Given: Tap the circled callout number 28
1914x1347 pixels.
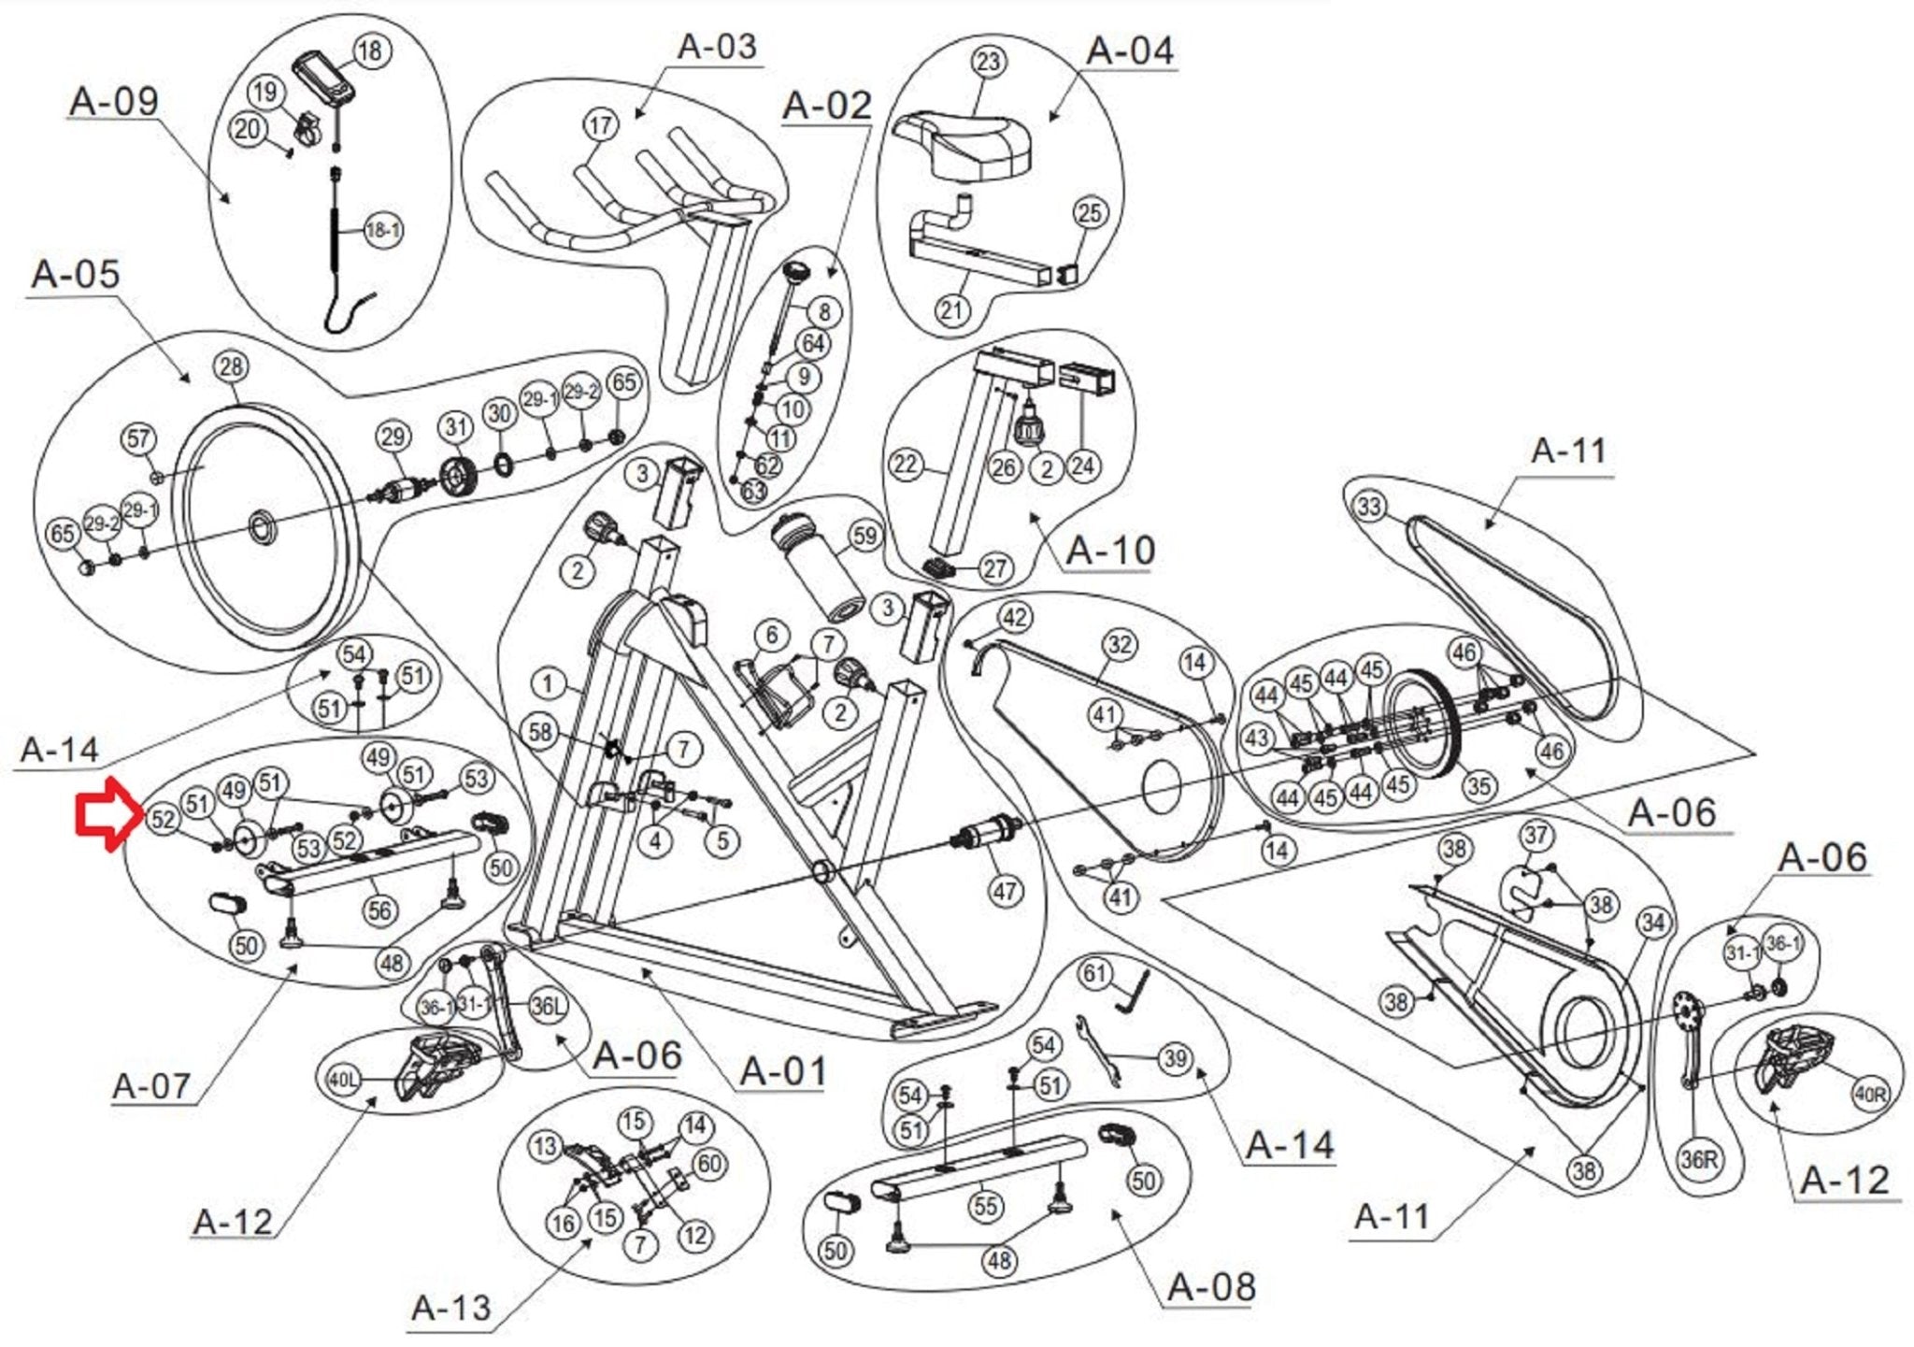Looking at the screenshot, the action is (x=232, y=367).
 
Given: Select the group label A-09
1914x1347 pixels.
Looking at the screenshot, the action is (x=114, y=101).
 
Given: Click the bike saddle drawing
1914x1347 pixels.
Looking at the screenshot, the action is (x=964, y=145).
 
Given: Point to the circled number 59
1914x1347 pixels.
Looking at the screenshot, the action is (x=865, y=537).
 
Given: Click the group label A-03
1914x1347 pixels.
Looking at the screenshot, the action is (x=717, y=47).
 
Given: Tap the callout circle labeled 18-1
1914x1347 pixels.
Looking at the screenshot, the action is (x=382, y=230).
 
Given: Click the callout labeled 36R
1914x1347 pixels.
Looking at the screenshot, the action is (x=1699, y=1160).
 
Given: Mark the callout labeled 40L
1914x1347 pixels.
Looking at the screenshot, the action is (x=342, y=1080).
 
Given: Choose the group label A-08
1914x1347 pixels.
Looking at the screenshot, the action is (x=1212, y=1287).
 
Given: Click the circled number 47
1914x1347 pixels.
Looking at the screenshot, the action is (x=1006, y=891).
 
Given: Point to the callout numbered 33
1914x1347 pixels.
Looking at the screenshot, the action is (x=1369, y=507).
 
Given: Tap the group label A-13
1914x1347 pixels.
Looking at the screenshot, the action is (x=450, y=1307).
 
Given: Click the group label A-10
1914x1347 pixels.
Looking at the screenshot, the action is (x=1110, y=550).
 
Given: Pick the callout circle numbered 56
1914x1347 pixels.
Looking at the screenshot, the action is (x=379, y=910).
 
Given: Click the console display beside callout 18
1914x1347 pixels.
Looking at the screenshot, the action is (x=323, y=79).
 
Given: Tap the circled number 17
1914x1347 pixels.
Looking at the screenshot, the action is (x=601, y=125).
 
